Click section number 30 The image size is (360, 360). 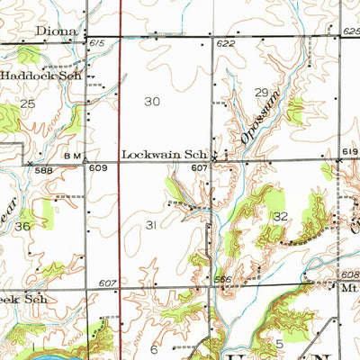coord(152,102)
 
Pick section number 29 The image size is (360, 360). coord(261,93)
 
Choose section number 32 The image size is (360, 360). coord(281,216)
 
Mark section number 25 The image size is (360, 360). coord(28,105)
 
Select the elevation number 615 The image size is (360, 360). coord(95,43)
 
